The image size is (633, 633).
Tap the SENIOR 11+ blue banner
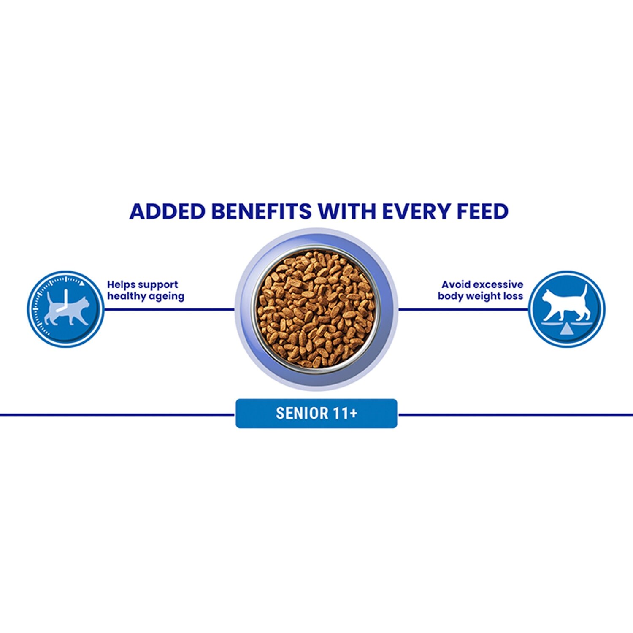point(316,414)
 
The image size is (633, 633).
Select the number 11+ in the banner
point(345,414)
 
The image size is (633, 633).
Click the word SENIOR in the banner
point(302,414)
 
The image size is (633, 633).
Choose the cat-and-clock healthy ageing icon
point(65,309)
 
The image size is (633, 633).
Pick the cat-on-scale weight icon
point(567,309)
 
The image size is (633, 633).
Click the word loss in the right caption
point(513,296)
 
